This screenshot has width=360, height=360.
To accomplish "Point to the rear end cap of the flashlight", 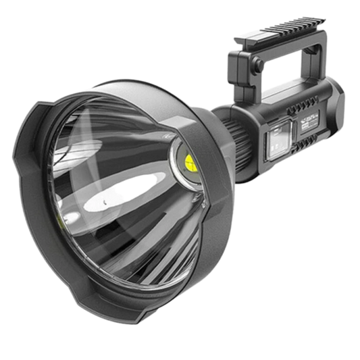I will (338, 107).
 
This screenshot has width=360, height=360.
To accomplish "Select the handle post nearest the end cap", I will (317, 74).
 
